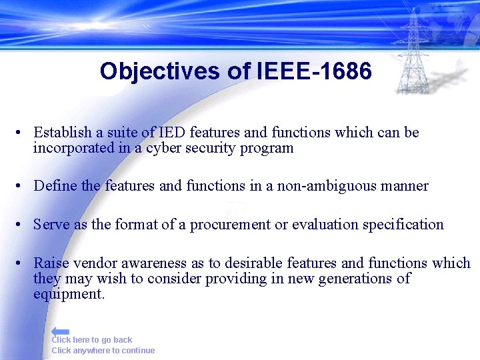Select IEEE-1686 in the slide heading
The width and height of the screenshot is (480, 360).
(313, 71)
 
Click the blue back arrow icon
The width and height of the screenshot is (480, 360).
(60, 331)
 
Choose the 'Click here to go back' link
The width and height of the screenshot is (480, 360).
(92, 340)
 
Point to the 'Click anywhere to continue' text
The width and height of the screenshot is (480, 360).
(103, 351)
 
